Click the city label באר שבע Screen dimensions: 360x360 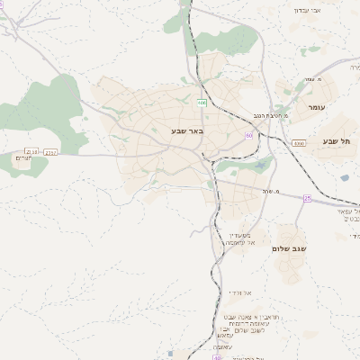click(188, 131)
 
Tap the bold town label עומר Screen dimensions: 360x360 click(315, 107)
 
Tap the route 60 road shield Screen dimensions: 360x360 click(248, 136)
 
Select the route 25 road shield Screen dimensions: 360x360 click(307, 198)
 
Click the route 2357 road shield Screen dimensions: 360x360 click(49, 152)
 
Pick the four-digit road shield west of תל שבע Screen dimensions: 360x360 click(299, 143)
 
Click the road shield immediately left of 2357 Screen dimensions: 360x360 click(31, 152)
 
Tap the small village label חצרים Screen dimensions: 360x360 click(23, 158)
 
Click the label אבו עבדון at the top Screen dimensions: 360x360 click(306, 10)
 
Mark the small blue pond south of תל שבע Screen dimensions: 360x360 click(344, 177)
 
